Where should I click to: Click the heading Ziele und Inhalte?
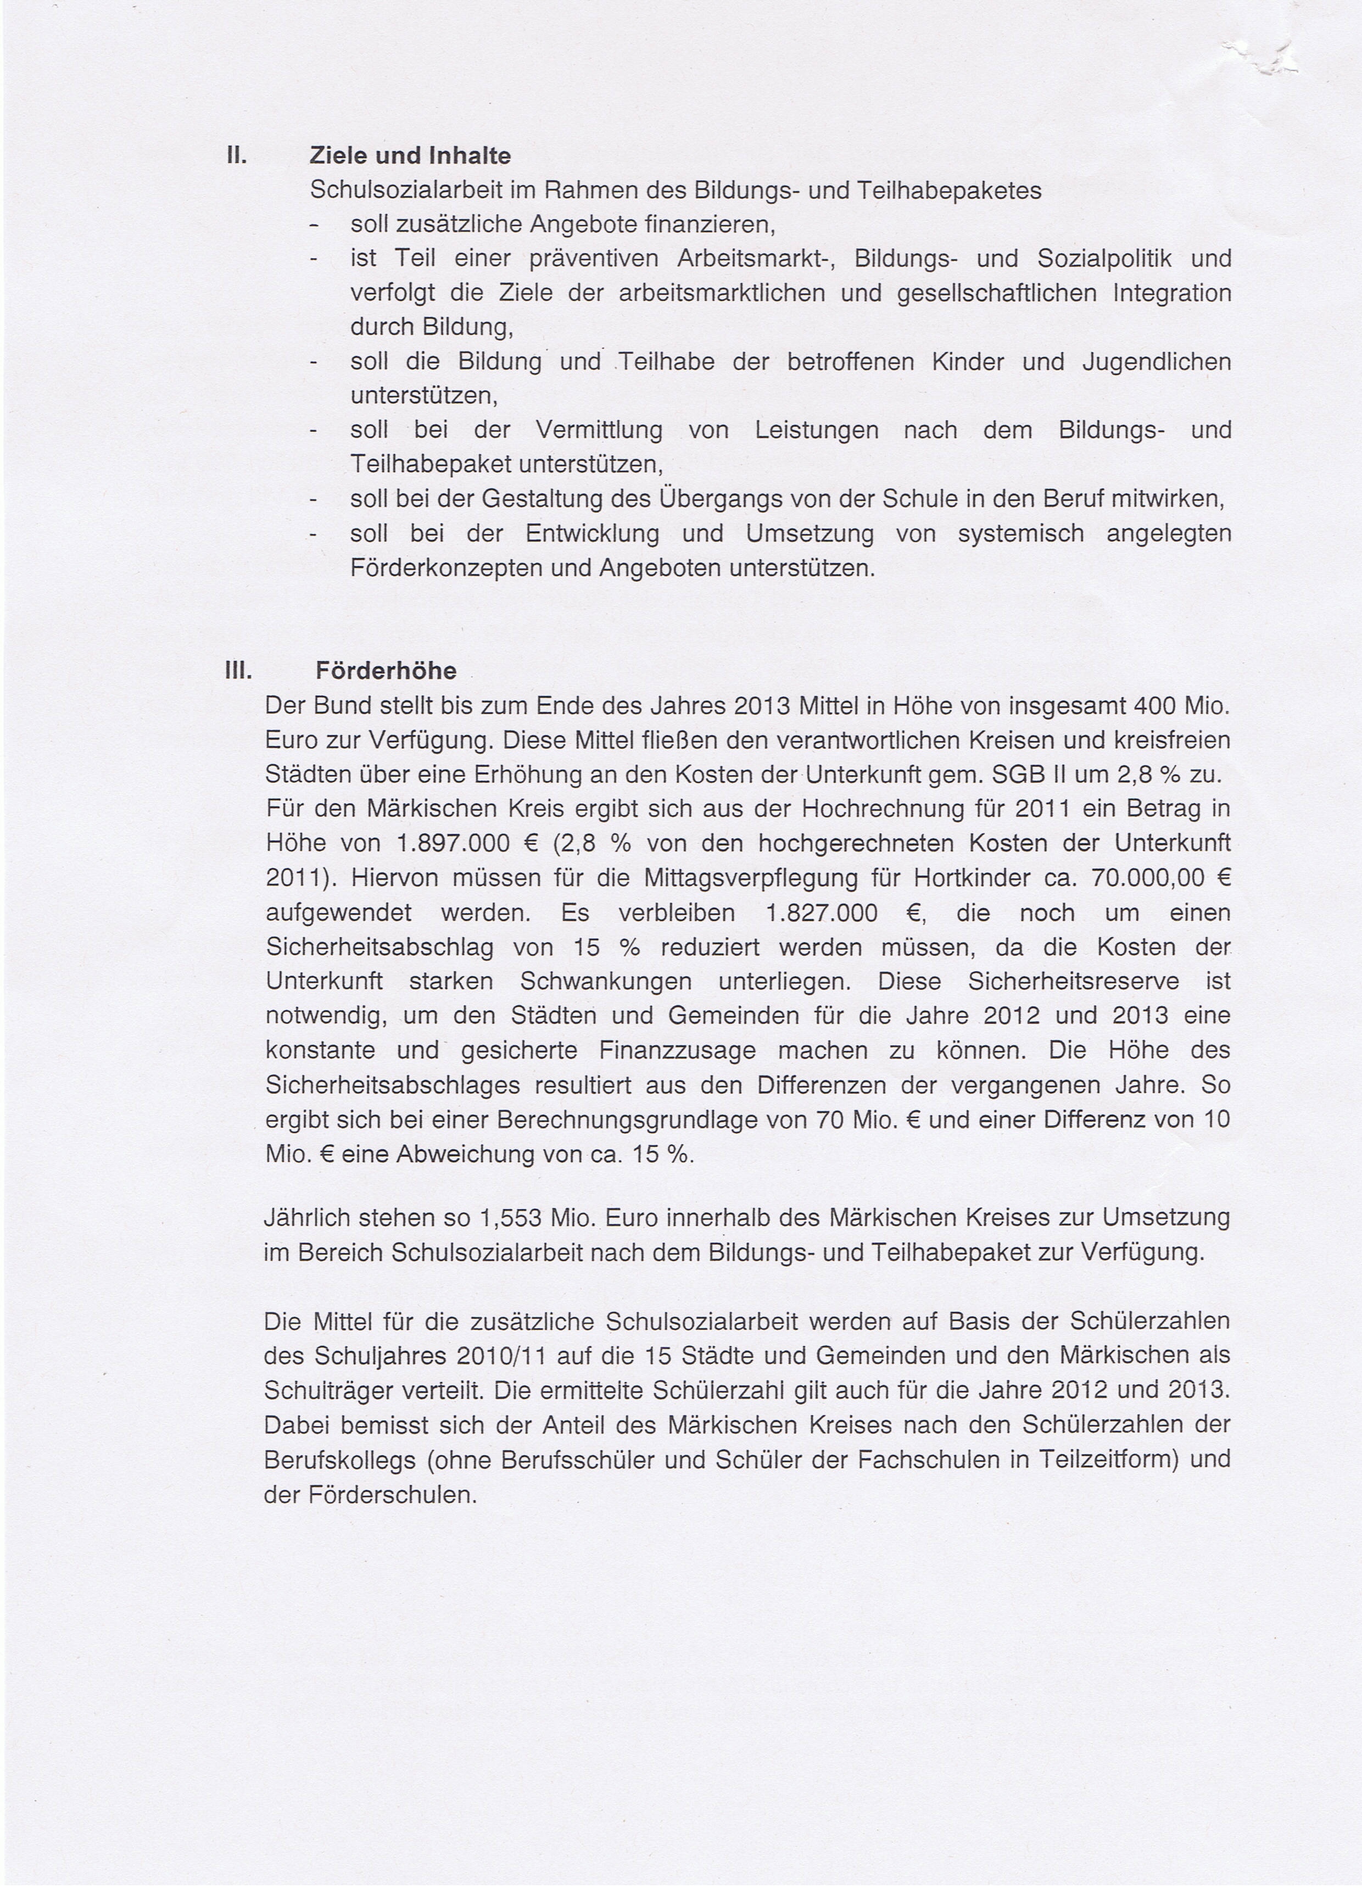(x=410, y=155)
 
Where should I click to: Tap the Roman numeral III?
(x=238, y=670)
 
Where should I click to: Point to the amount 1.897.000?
(x=453, y=843)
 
